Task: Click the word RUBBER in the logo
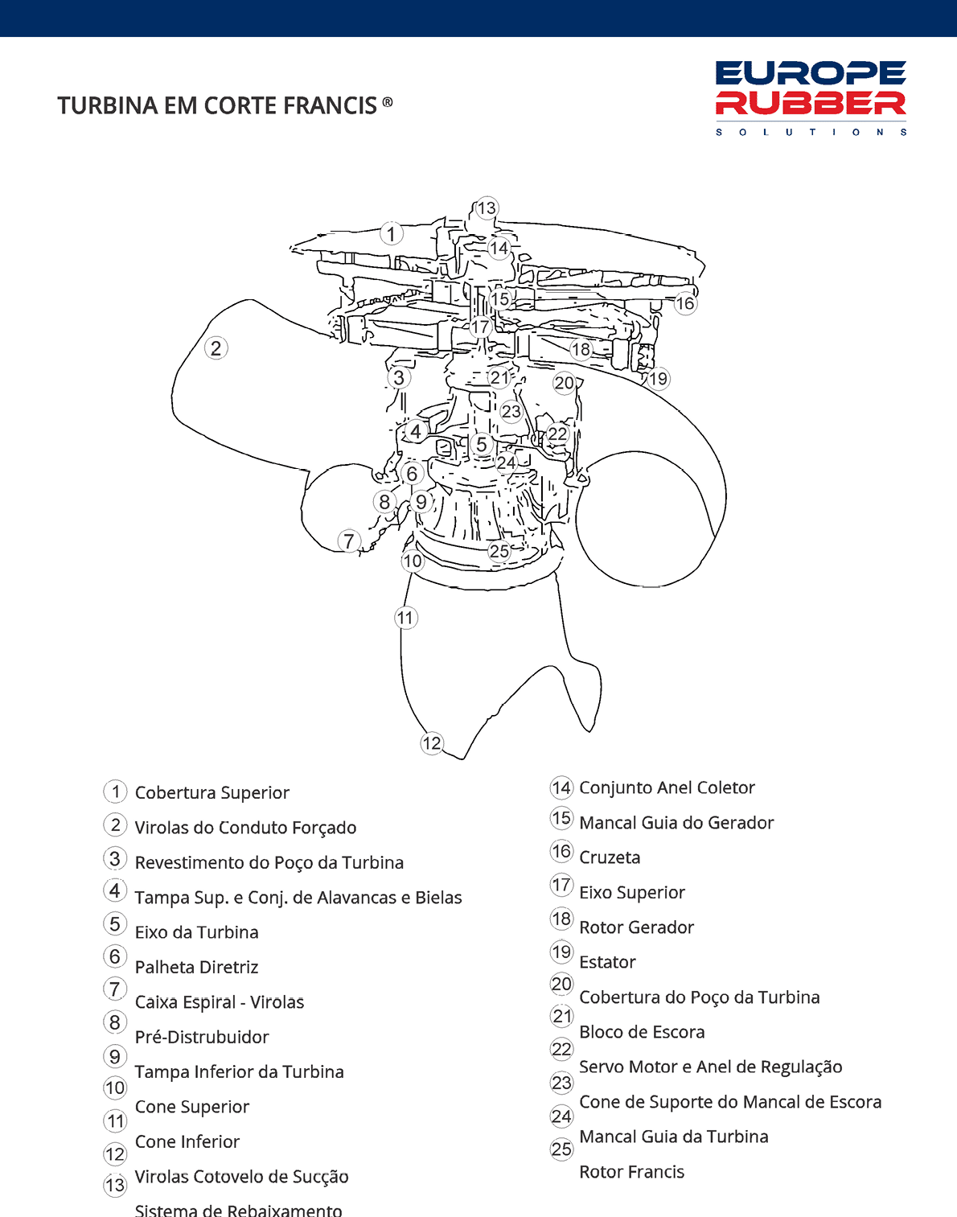pos(811,103)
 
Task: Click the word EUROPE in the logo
pos(811,73)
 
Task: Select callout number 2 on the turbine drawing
pos(216,348)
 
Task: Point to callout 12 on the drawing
pos(432,742)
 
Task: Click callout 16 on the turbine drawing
pos(685,303)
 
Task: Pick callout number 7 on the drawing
pos(348,541)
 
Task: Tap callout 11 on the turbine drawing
pos(405,618)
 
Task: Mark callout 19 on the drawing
pos(659,378)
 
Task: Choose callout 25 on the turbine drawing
pos(499,551)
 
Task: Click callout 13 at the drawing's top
pos(487,208)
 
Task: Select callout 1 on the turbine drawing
pos(391,234)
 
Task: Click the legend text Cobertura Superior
pos(212,793)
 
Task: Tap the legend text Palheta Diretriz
pos(196,968)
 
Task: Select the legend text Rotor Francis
pos(631,1172)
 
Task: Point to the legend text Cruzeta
pos(610,857)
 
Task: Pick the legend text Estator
pos(607,963)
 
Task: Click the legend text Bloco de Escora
pos(642,1032)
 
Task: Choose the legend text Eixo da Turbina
pos(196,932)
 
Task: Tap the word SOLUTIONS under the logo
pos(811,132)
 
